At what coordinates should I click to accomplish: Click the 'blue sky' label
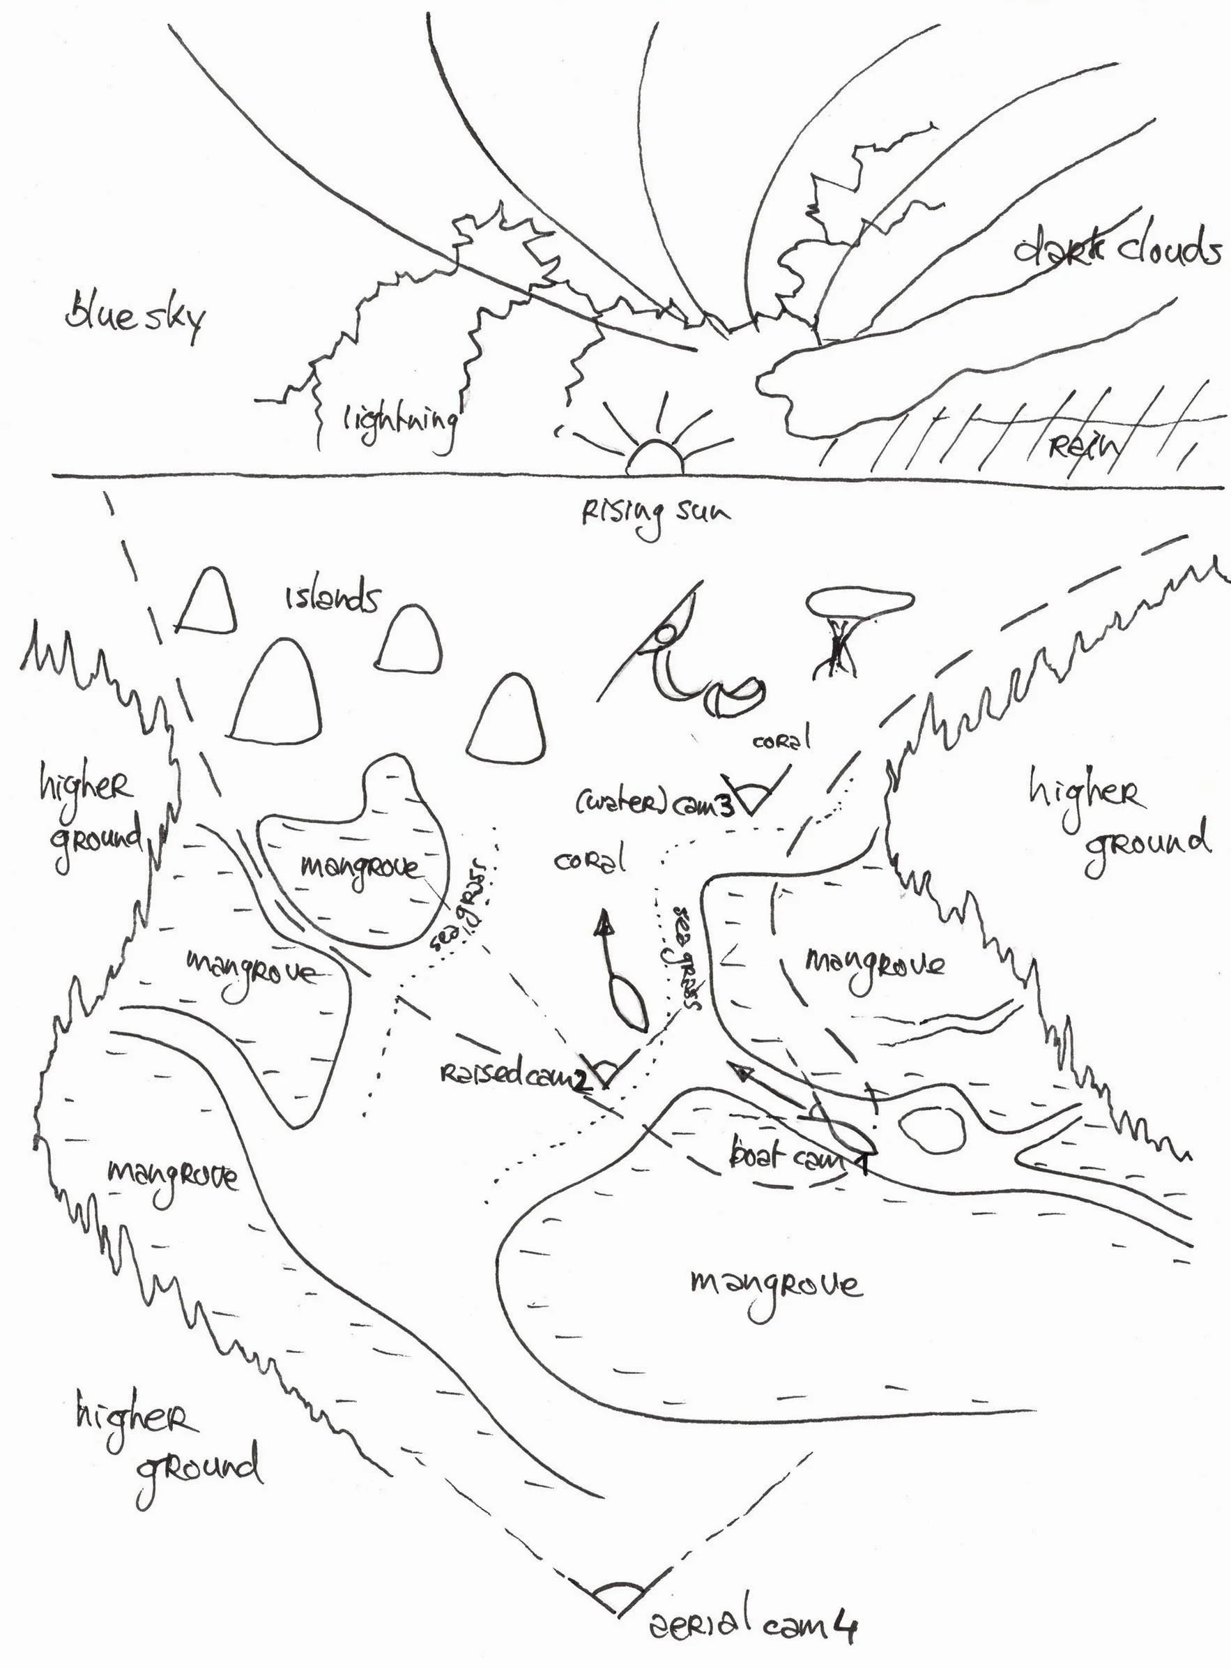134,317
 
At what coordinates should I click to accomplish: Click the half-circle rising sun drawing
655,458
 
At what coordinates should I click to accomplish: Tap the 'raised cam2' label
514,1075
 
